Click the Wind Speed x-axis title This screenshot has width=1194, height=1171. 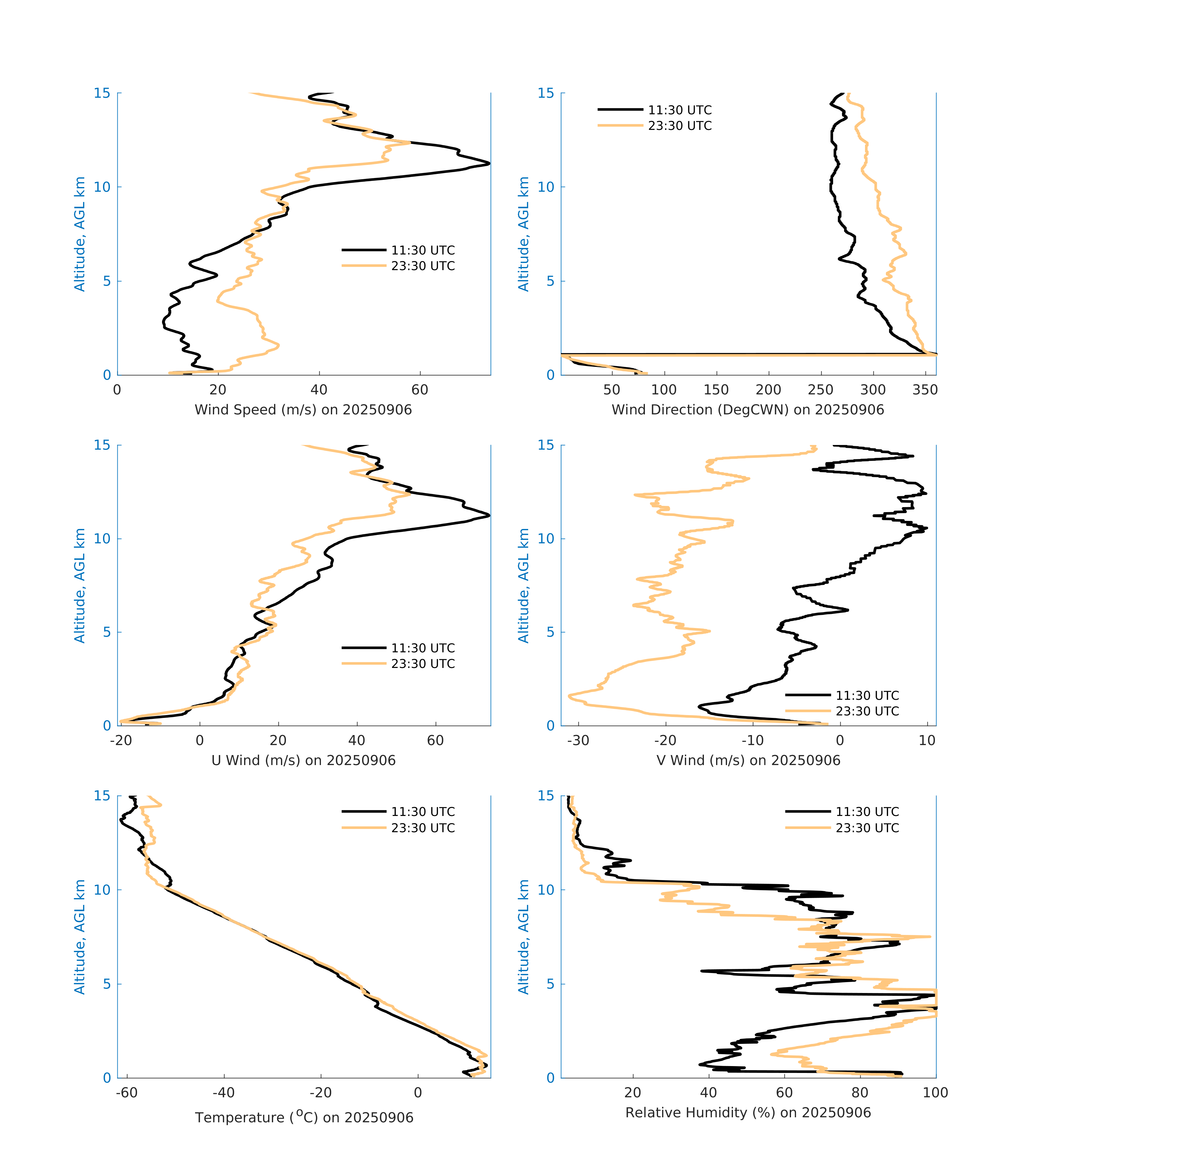point(303,410)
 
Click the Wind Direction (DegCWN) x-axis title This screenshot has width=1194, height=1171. point(748,410)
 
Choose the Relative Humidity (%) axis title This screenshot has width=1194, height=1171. point(748,1113)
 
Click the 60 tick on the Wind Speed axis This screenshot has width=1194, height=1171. point(420,390)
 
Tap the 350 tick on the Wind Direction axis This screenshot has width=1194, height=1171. point(925,390)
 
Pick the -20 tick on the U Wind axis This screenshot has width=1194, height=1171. point(121,740)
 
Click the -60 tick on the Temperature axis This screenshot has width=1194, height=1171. point(127,1093)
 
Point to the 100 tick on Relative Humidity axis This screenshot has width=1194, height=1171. point(935,1093)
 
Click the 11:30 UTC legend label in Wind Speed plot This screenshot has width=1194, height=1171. point(423,250)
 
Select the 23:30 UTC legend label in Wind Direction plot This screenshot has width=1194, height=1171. point(679,126)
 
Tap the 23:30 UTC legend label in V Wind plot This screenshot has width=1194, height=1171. point(867,711)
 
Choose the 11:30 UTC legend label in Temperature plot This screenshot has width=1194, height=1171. point(423,812)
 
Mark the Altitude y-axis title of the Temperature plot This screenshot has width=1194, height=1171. point(80,937)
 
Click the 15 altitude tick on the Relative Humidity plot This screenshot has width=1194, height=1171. point(546,796)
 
